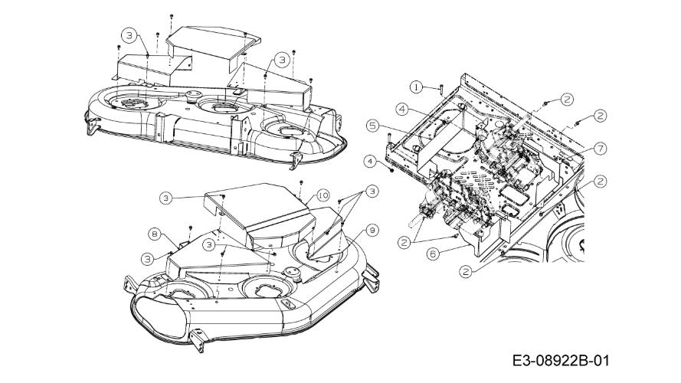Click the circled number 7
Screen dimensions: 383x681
coord(599,146)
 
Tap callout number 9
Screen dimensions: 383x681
coord(372,229)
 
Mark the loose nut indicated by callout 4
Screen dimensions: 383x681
coord(392,171)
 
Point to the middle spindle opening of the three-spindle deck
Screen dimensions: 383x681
coord(222,106)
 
